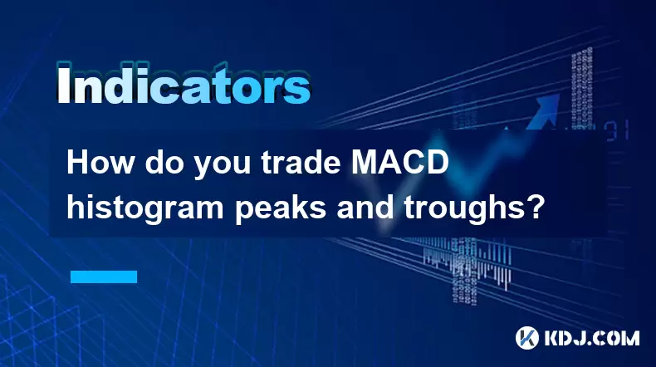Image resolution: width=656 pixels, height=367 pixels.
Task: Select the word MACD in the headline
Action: tap(399, 163)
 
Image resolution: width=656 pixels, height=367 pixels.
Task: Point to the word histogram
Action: tap(145, 207)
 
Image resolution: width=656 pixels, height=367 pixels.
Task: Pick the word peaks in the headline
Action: tap(280, 207)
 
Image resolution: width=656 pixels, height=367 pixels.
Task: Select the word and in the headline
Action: tap(365, 206)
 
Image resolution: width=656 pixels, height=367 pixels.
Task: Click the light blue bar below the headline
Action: tap(104, 276)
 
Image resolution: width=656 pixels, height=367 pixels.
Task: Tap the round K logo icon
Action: tap(527, 338)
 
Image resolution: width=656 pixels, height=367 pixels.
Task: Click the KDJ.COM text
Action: tap(591, 338)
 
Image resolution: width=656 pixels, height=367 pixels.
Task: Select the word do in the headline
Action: tap(164, 163)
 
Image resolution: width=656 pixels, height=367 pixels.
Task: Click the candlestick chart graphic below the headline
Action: tap(467, 264)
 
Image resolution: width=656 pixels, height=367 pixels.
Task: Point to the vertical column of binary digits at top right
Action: tap(582, 89)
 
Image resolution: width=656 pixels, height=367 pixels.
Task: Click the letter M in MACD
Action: tap(364, 163)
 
